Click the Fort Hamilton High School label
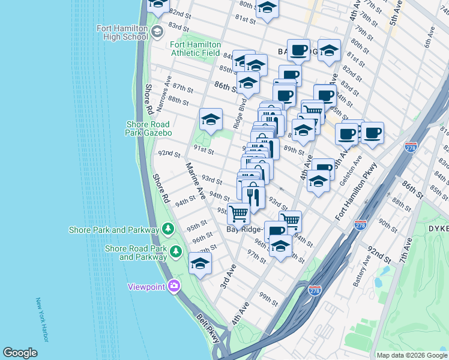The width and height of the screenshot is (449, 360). tap(122, 32)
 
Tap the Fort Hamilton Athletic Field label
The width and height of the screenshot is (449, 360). tap(196, 49)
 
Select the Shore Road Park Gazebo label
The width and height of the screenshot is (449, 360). tap(149, 128)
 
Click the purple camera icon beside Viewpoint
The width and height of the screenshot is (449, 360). tap(174, 286)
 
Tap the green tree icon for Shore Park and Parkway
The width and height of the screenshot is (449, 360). tap(169, 229)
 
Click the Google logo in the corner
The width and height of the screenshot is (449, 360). tap(20, 353)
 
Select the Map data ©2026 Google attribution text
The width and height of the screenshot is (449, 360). tap(411, 355)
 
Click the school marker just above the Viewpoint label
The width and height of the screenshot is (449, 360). tap(200, 263)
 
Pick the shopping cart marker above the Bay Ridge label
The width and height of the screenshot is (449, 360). tap(239, 212)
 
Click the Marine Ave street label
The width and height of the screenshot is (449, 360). tap(195, 180)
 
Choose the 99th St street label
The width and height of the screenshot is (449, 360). tap(268, 299)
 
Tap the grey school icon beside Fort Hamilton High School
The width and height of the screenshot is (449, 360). tap(158, 32)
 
